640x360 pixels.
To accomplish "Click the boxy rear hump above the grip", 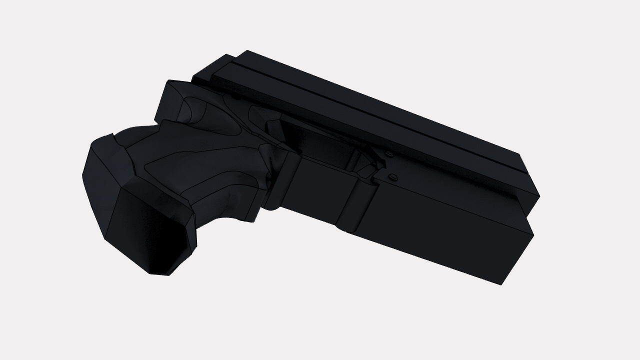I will (x=172, y=100).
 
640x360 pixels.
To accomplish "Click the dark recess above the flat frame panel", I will (x=320, y=145).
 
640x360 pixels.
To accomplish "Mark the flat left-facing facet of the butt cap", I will (x=100, y=190).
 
